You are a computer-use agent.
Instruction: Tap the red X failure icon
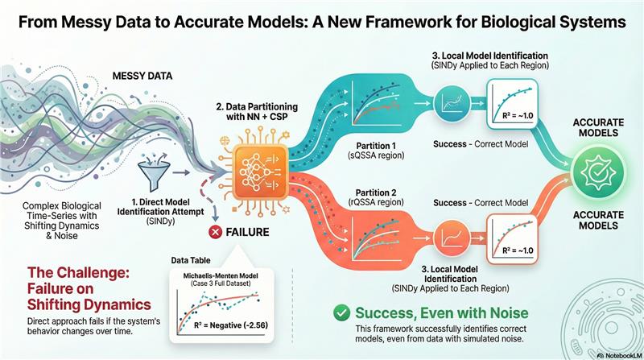click(x=215, y=232)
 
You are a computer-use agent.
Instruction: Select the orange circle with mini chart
click(x=448, y=239)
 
